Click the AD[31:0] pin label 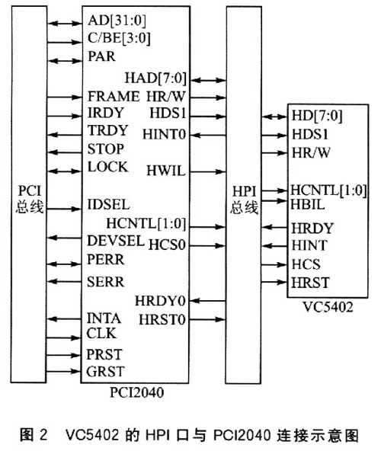[117, 21]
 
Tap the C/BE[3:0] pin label [119, 38]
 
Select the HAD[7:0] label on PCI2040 [155, 78]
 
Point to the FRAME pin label [114, 96]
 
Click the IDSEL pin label [108, 205]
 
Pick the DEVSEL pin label [115, 241]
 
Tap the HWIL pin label [166, 171]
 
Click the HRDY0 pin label [160, 302]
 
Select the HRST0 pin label [162, 320]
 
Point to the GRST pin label [105, 372]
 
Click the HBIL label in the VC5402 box [308, 204]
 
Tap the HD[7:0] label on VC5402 [317, 116]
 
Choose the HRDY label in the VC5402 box [312, 229]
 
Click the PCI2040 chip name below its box [137, 392]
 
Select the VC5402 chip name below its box [328, 307]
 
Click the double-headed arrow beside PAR [65, 61]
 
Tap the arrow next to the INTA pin [65, 318]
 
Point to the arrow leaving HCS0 [207, 245]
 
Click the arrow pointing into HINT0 [207, 135]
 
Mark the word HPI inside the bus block [244, 191]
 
